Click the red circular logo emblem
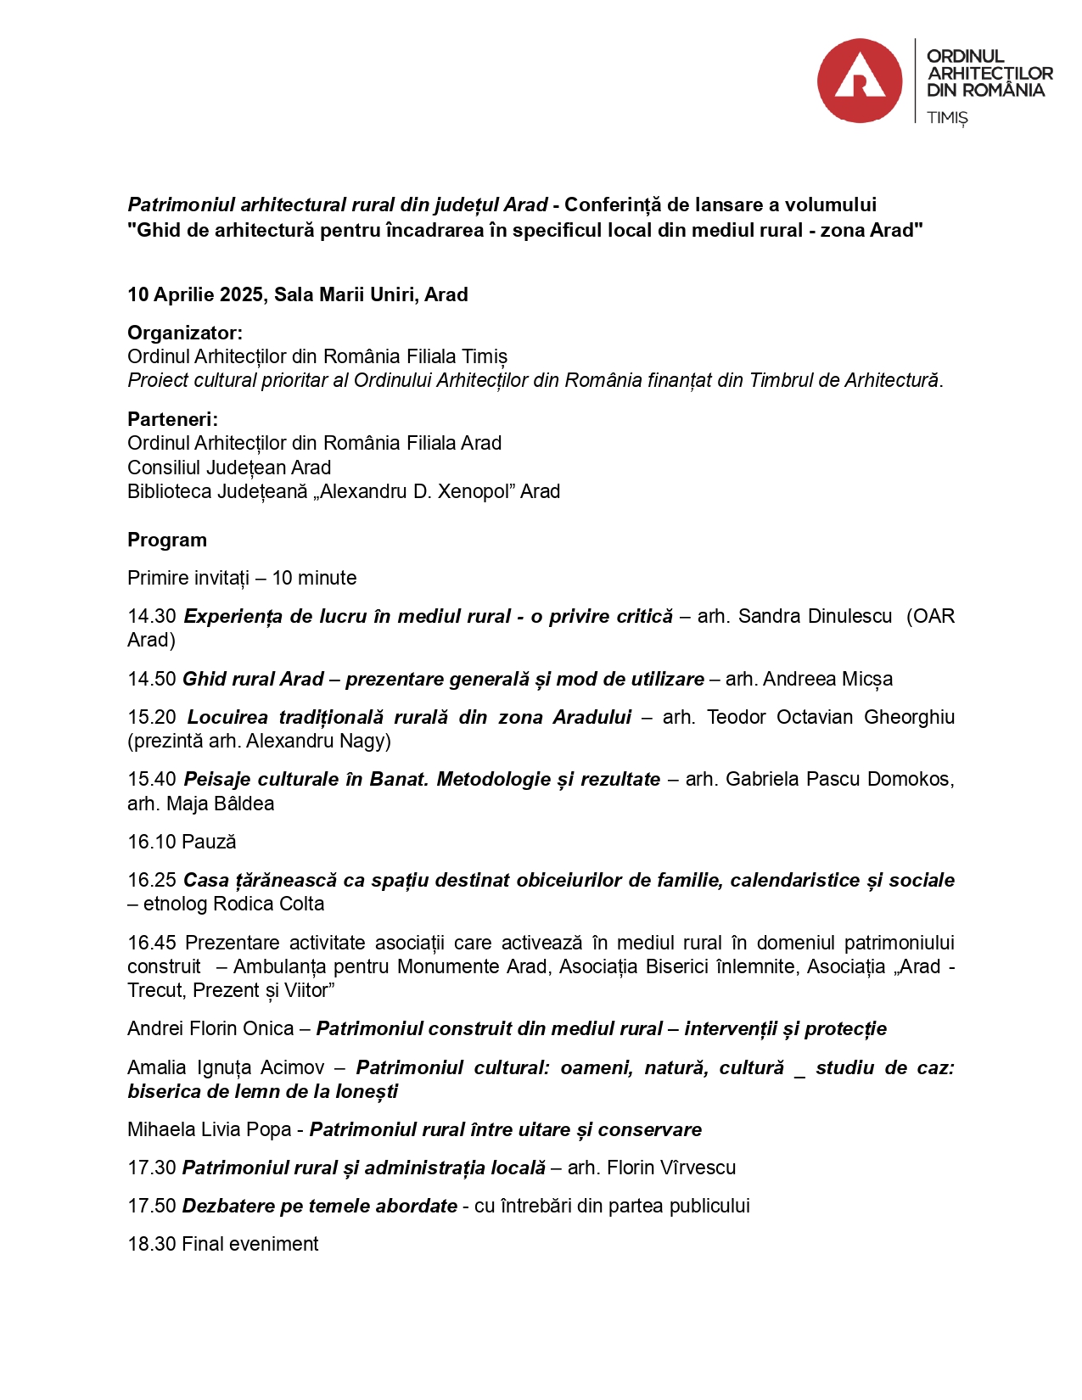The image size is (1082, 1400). [859, 81]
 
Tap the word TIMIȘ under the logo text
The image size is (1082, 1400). [947, 117]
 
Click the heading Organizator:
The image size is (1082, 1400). [185, 333]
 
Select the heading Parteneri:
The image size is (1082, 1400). [172, 419]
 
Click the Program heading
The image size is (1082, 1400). [167, 540]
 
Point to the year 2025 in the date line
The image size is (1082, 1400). [241, 294]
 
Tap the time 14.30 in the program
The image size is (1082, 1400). [152, 616]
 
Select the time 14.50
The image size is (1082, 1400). [152, 679]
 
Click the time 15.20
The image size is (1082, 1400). [152, 717]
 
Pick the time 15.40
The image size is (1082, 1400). [152, 779]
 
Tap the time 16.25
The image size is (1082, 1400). [152, 880]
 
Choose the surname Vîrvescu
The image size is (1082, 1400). [694, 1168]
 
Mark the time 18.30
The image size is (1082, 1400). [152, 1244]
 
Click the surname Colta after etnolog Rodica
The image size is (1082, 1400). [300, 904]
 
